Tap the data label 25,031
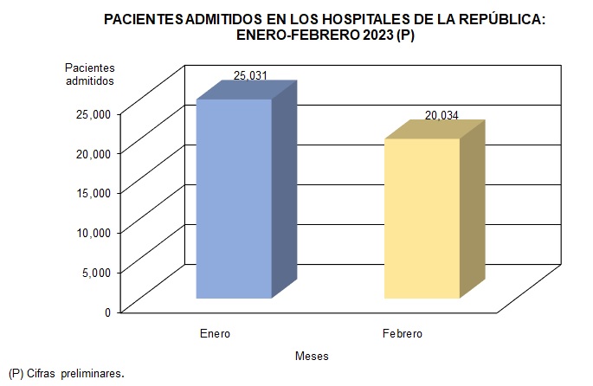click(x=250, y=76)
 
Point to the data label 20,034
click(x=442, y=115)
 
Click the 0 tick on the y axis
click(x=108, y=312)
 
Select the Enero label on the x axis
click(x=215, y=333)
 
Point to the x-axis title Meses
click(x=312, y=356)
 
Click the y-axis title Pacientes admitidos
click(x=90, y=74)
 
